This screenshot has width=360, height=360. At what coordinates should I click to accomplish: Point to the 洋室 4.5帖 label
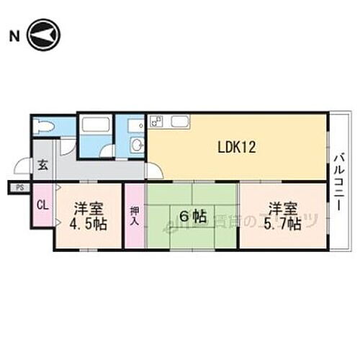point(90,215)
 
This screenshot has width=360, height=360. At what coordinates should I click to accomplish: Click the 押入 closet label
point(135,216)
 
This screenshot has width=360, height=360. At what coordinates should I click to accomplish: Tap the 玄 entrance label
point(42,165)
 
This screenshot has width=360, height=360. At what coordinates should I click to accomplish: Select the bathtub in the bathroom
point(95,124)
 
